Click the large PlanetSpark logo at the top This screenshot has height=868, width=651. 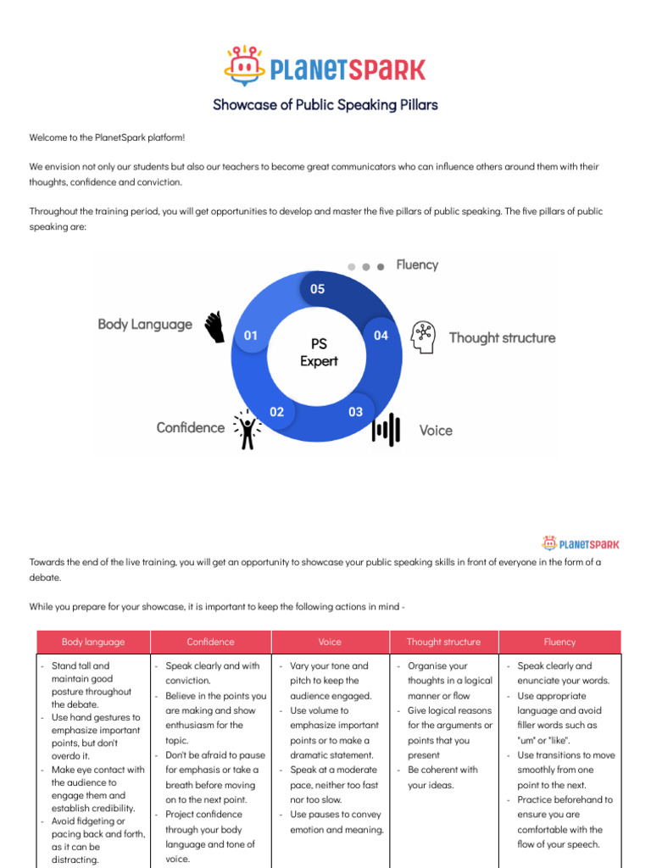325,67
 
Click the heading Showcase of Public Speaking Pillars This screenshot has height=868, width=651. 325,105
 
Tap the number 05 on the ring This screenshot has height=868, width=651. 317,289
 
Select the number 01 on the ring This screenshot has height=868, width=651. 251,336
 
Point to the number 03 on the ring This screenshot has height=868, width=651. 355,412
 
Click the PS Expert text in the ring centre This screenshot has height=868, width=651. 319,353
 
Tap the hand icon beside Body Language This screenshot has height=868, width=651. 214,326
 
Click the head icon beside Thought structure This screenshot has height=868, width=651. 423,337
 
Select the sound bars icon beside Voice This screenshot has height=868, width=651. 386,429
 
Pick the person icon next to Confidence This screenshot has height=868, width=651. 247,430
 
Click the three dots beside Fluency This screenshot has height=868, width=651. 366,266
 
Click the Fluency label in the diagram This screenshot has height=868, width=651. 417,264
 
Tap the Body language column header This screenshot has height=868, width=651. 93,642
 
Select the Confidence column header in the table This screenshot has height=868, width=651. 210,642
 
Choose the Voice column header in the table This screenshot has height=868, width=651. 330,642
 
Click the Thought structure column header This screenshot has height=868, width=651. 443,642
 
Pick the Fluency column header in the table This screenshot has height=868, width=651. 559,642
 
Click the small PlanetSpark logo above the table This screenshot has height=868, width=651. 581,543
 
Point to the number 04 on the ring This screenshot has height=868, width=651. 381,336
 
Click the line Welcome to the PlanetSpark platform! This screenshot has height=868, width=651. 107,137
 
